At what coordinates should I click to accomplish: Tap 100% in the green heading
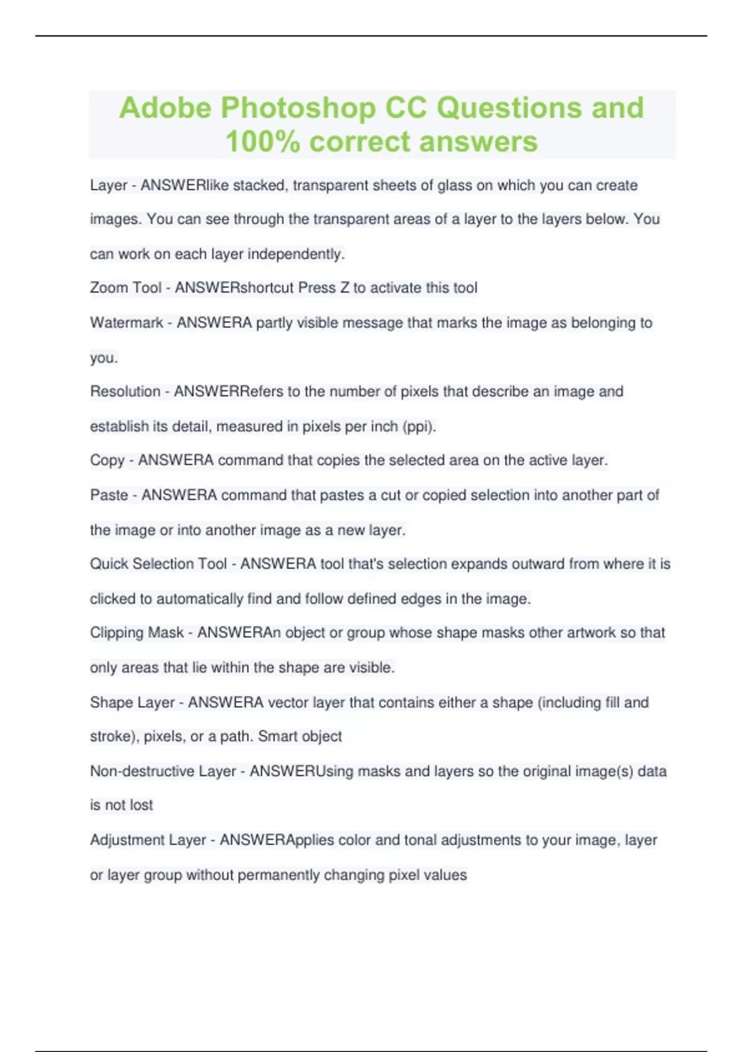[x=263, y=142]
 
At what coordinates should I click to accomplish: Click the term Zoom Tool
[x=126, y=288]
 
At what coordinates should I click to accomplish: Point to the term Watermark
[x=126, y=322]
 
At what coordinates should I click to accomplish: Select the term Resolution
[x=125, y=391]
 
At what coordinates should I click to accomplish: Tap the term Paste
[x=109, y=495]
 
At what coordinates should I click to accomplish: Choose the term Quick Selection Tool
[x=159, y=564]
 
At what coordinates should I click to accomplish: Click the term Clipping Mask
[x=137, y=632]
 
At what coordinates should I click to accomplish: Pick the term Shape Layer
[x=133, y=702]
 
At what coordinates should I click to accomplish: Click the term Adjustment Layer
[x=148, y=840]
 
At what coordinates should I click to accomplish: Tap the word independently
[x=296, y=254]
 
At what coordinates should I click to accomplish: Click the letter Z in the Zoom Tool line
[x=344, y=288]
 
